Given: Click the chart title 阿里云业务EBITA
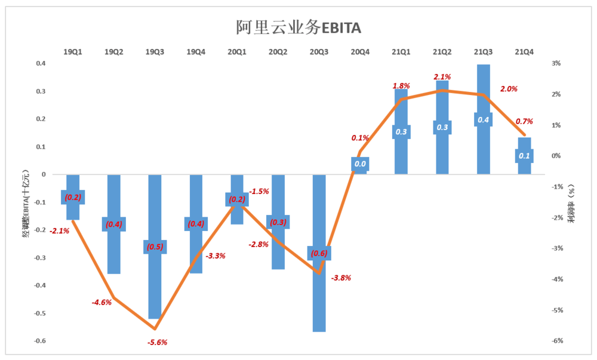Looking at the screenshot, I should pos(298,27).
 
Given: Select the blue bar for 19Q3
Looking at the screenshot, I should pos(155,281).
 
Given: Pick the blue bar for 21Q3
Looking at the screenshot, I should pos(483,90).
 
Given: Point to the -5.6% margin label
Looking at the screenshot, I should pos(157,342).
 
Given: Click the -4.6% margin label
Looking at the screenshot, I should pos(101,303).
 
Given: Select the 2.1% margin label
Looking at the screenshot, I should pos(442,77).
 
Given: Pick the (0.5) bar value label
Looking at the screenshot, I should pos(155,247).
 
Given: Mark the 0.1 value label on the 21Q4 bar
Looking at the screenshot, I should pos(524,156).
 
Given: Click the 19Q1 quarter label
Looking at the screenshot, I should pos(73,53).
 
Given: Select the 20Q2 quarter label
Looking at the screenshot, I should pos(278,53).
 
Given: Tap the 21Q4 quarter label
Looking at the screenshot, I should pos(524,53).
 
